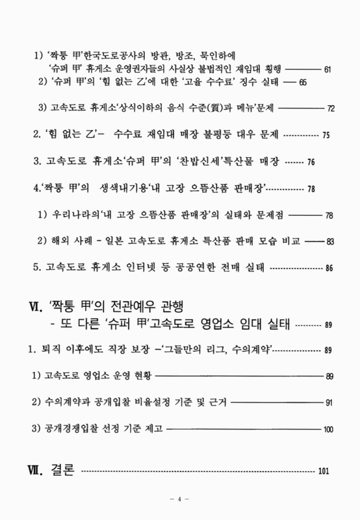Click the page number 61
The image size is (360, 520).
point(328,68)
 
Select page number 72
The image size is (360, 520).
point(331,108)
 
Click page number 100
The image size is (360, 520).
point(328,430)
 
